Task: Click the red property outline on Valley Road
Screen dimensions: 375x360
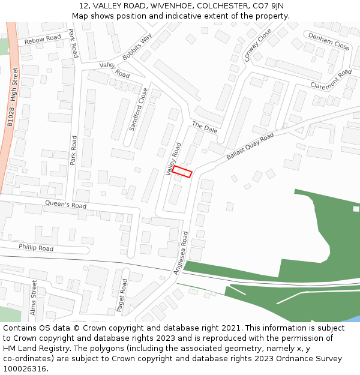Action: pos(182,172)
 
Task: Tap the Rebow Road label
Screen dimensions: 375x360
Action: pos(43,40)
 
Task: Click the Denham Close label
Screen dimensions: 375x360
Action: pos(329,41)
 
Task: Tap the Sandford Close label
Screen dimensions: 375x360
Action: pos(139,109)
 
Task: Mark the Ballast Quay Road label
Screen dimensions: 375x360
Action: pos(250,146)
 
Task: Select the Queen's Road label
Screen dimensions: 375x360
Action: pos(65,205)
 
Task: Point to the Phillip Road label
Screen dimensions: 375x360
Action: pos(35,247)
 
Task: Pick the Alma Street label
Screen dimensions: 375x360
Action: pos(34,298)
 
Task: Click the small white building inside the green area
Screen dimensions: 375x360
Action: pos(356,209)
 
